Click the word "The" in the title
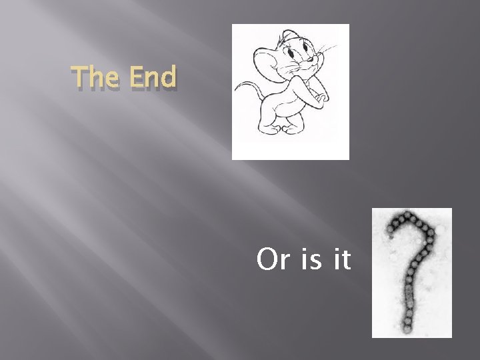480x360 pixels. (95, 79)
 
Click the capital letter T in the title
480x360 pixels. (80, 79)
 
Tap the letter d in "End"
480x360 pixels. (169, 79)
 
